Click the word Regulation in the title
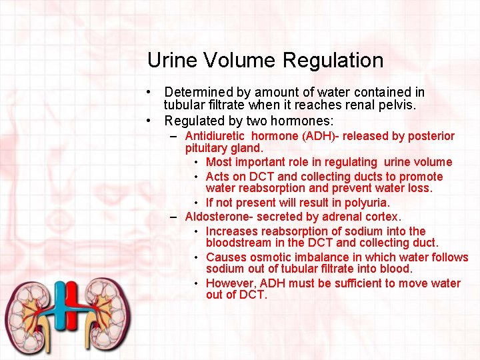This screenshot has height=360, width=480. (333, 61)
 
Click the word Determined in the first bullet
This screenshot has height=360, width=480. (195, 92)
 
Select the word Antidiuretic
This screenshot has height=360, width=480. (215, 136)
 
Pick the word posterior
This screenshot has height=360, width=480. (431, 136)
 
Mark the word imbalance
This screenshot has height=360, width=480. (320, 257)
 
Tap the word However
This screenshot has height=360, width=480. (227, 283)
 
